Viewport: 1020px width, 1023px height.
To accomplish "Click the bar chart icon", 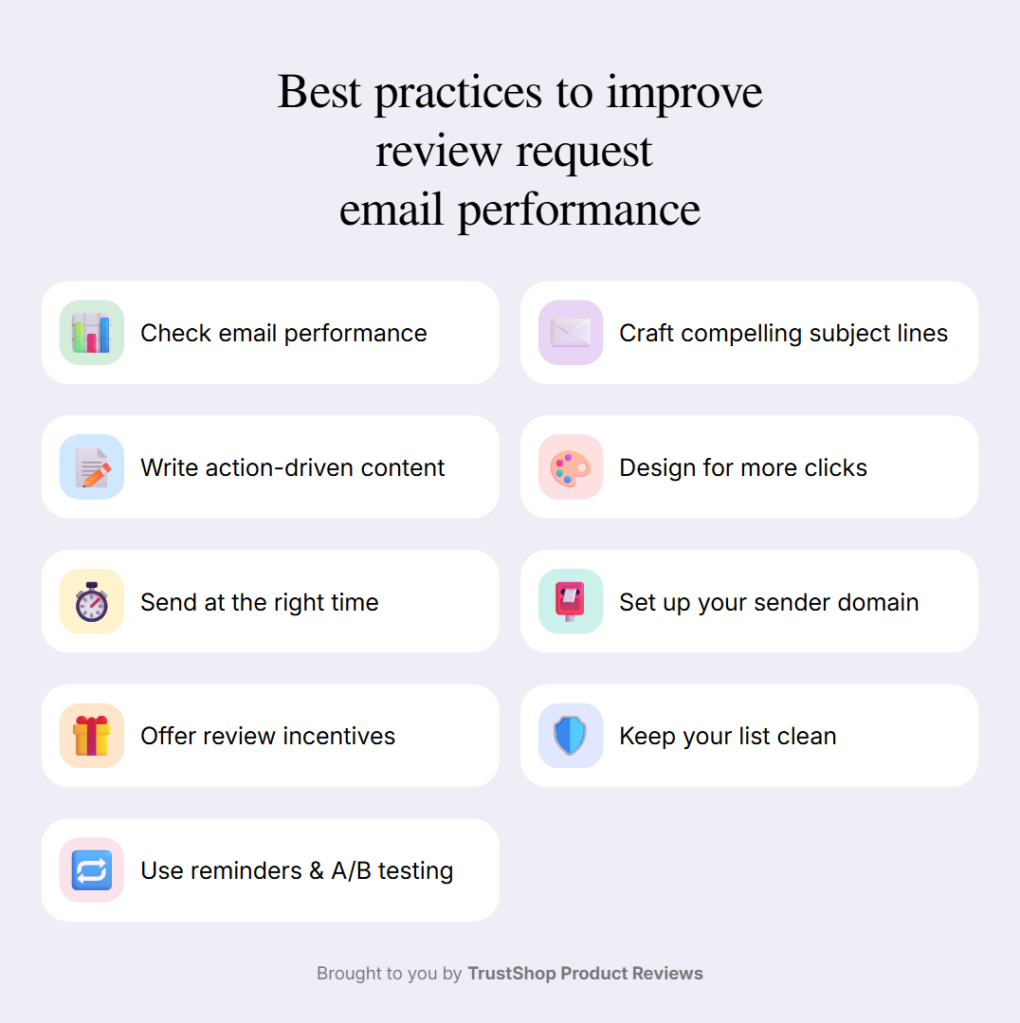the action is tap(91, 332).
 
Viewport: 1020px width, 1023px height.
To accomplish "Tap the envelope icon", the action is tap(571, 332).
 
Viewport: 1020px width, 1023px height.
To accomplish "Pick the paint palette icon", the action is tap(571, 467).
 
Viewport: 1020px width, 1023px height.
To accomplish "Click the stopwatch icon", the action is tap(91, 601).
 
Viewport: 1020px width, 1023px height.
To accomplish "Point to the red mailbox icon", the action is tap(570, 601).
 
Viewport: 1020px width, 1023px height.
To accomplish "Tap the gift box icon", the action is tap(91, 736).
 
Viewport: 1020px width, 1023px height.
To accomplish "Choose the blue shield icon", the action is tap(570, 736).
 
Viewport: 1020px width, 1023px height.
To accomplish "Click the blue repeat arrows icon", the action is tap(91, 870).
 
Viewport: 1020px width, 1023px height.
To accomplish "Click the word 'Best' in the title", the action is tap(319, 92).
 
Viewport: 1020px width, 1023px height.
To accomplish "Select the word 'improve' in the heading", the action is tap(684, 95).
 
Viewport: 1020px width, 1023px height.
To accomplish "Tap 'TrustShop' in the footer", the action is tap(512, 974).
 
